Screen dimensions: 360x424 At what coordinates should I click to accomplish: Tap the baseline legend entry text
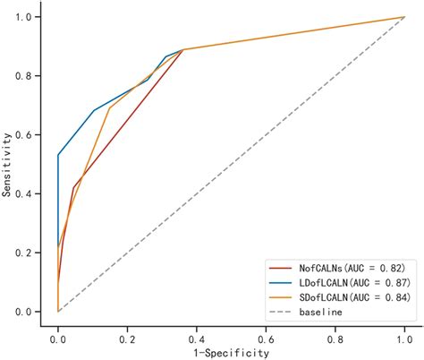click(x=321, y=310)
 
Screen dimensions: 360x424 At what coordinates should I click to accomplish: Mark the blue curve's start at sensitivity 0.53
click(x=58, y=156)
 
